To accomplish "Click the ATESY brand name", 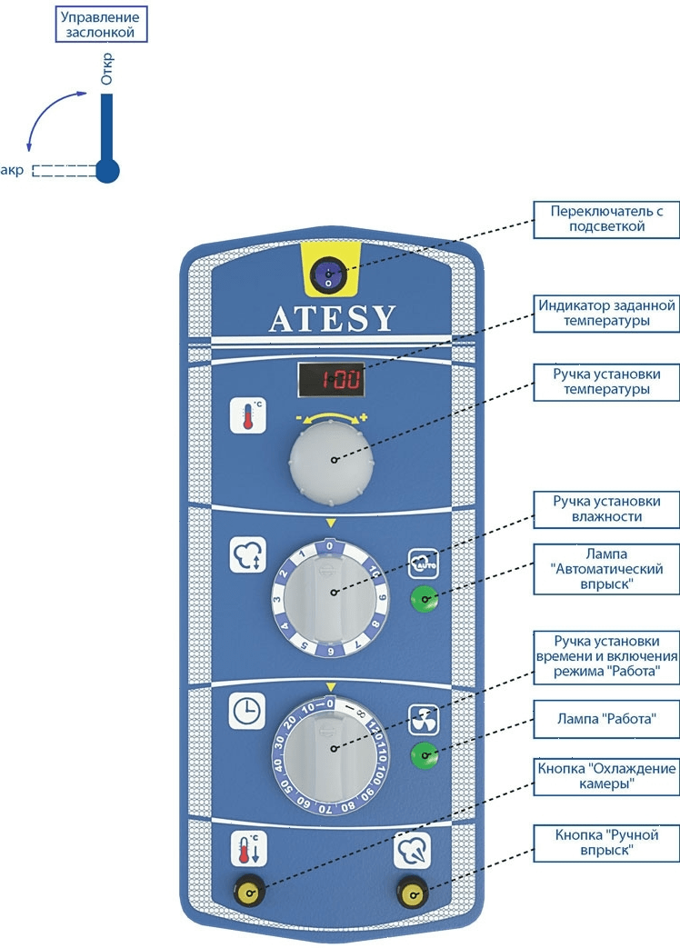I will (x=333, y=318).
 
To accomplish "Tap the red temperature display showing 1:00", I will (x=331, y=380).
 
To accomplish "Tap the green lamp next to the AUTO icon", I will (x=422, y=598).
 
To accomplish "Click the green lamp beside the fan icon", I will (x=422, y=753).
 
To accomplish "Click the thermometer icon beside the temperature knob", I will (x=248, y=414).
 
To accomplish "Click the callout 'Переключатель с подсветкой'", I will (x=605, y=218).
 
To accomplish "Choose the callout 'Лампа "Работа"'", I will (x=605, y=718).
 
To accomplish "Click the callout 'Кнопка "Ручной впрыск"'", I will (x=605, y=843).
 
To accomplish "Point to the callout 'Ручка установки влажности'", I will (x=605, y=509).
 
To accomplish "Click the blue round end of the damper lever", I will (x=107, y=170).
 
